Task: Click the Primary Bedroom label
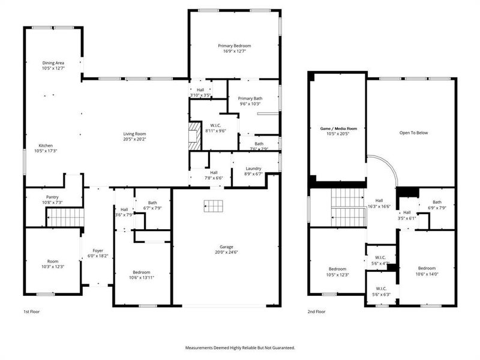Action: tap(234, 46)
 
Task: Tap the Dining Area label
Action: tap(53, 63)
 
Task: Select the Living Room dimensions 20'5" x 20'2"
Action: tap(135, 139)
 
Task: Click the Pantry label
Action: tap(52, 197)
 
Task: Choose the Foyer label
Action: tap(98, 250)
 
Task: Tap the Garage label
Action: tap(226, 247)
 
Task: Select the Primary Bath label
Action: tap(250, 98)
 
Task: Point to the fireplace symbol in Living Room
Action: tap(193, 136)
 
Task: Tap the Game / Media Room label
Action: tap(337, 128)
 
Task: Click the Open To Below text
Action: tap(413, 133)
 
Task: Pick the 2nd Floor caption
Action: tap(316, 312)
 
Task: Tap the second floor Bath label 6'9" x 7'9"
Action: tap(436, 202)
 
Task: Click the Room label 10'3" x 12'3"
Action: tap(53, 261)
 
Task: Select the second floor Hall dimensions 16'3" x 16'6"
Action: tap(379, 206)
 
